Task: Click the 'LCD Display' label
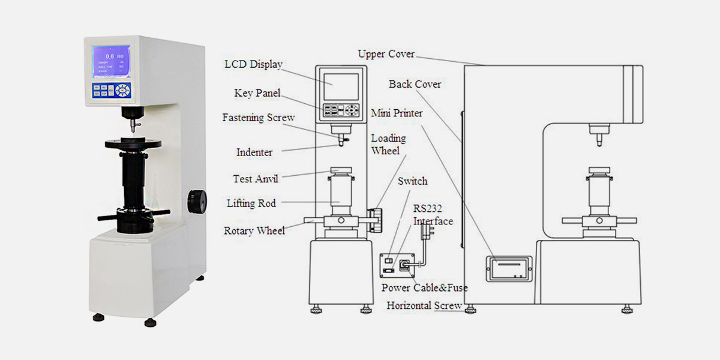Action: point(253,64)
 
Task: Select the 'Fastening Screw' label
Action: point(259,118)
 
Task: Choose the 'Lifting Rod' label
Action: point(251,203)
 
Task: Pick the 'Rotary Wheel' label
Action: point(254,230)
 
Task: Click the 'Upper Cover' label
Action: point(386,54)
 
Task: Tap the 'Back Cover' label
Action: point(415,84)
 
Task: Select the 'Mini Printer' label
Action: point(397,113)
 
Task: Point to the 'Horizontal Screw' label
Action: point(424,305)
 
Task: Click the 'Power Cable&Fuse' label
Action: point(424,287)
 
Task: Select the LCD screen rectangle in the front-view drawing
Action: point(341,87)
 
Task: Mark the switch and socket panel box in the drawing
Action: point(395,265)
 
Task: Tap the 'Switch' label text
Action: point(412,181)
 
